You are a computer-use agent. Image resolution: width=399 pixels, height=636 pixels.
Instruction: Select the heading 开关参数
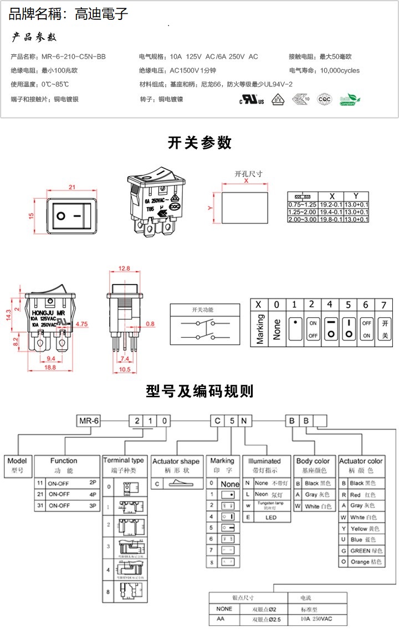[x=199, y=143]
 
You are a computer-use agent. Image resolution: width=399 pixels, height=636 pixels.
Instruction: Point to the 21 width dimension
[x=71, y=187]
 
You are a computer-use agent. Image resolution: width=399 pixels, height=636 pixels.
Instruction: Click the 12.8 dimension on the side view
[x=124, y=268]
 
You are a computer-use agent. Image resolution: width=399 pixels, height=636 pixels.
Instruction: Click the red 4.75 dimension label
[x=81, y=323]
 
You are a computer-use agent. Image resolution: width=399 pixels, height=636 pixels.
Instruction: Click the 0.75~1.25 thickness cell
[x=302, y=204]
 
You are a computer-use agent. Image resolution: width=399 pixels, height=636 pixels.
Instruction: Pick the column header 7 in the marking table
[x=383, y=304]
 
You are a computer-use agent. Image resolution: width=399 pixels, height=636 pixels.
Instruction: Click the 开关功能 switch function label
[x=202, y=309]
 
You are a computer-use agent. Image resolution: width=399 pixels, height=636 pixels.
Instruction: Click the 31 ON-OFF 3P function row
[x=66, y=505]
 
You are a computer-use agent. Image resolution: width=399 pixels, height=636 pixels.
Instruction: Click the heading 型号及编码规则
[x=199, y=391]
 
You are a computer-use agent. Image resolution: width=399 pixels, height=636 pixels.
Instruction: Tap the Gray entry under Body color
[x=314, y=495]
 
